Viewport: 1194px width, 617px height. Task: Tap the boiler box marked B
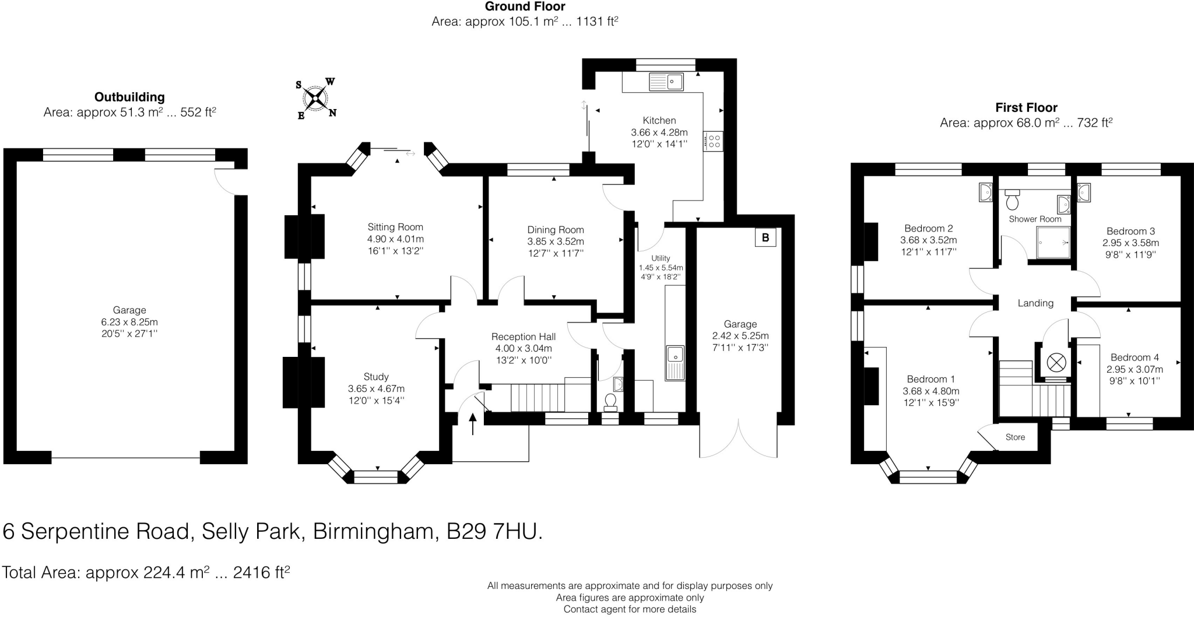point(765,237)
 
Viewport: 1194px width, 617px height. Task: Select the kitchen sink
point(666,82)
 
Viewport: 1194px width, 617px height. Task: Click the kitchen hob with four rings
point(714,141)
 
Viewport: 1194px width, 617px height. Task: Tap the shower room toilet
point(1013,199)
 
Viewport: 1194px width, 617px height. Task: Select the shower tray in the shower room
point(1053,242)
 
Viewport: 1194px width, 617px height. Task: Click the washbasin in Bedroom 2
point(985,192)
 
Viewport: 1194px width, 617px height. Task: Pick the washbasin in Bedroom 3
point(1084,192)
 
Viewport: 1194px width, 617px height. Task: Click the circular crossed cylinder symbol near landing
point(1056,362)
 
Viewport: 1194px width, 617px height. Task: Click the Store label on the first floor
point(1015,437)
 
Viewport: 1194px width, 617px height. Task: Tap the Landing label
point(1035,303)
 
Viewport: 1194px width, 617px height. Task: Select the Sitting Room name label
point(395,227)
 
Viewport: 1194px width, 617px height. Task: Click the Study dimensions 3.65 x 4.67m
point(376,388)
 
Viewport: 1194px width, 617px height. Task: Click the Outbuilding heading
point(129,97)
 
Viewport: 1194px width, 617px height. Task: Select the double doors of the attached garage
point(738,439)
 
